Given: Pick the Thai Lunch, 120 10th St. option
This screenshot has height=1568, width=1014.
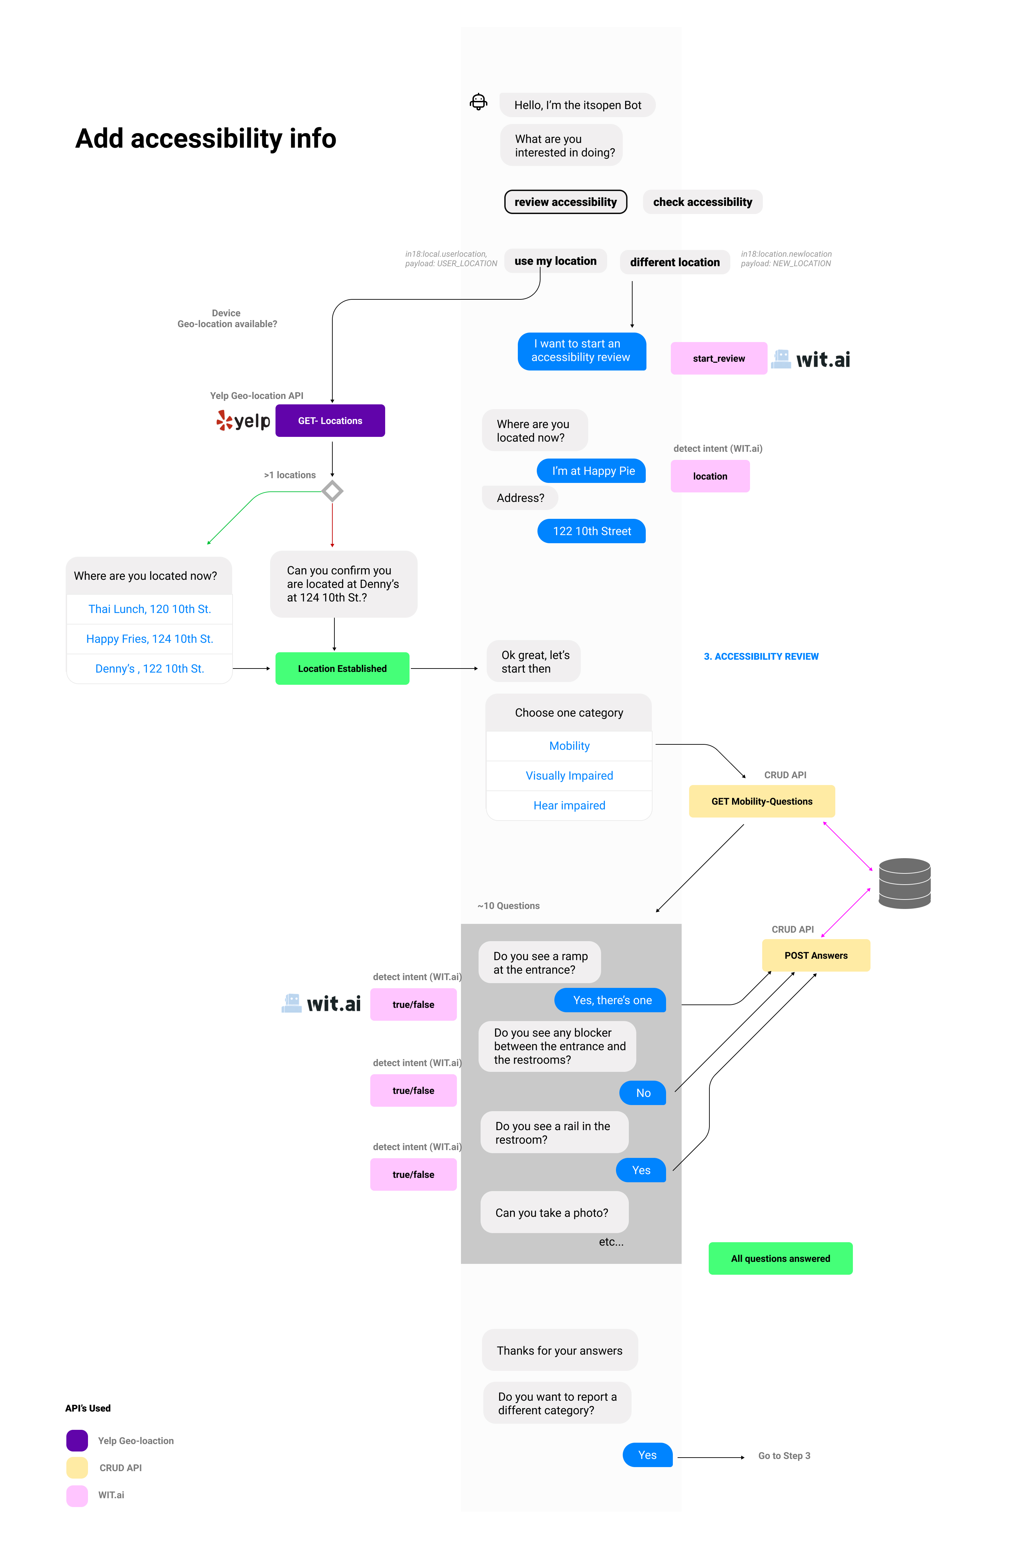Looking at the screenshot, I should tap(150, 609).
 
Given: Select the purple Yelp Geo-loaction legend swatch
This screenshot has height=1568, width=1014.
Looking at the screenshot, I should tap(77, 1441).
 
